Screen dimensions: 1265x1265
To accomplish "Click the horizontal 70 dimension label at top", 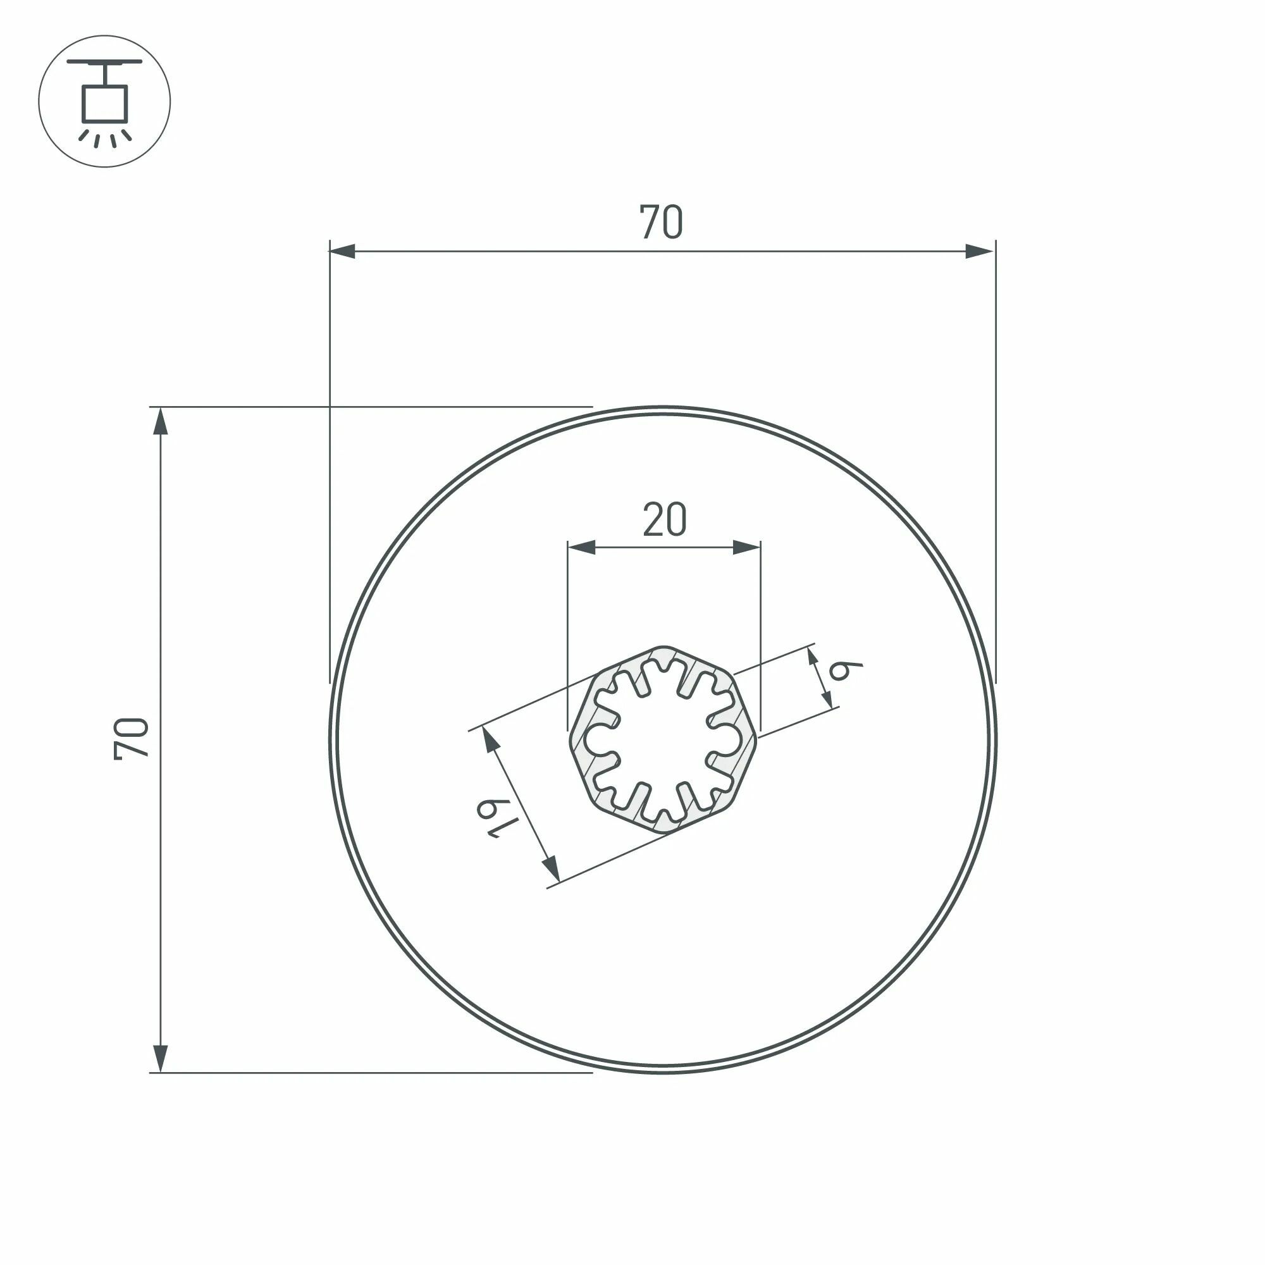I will point(662,222).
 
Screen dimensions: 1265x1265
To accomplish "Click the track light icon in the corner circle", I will point(104,101).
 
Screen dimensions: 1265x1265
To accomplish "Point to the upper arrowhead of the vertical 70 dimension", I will point(161,423).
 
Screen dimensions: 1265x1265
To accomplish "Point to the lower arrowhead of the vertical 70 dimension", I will point(161,1058).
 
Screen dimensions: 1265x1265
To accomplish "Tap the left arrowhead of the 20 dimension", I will point(581,547).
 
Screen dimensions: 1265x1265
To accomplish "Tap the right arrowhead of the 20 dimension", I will point(747,547).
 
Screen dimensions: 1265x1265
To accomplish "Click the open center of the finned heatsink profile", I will point(663,739).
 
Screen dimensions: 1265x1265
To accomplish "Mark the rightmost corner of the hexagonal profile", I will point(757,737).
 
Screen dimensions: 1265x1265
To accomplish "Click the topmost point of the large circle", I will point(663,408).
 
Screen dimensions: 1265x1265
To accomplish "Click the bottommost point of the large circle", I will point(663,1072).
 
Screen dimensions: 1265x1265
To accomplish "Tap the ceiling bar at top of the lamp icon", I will point(104,61).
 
